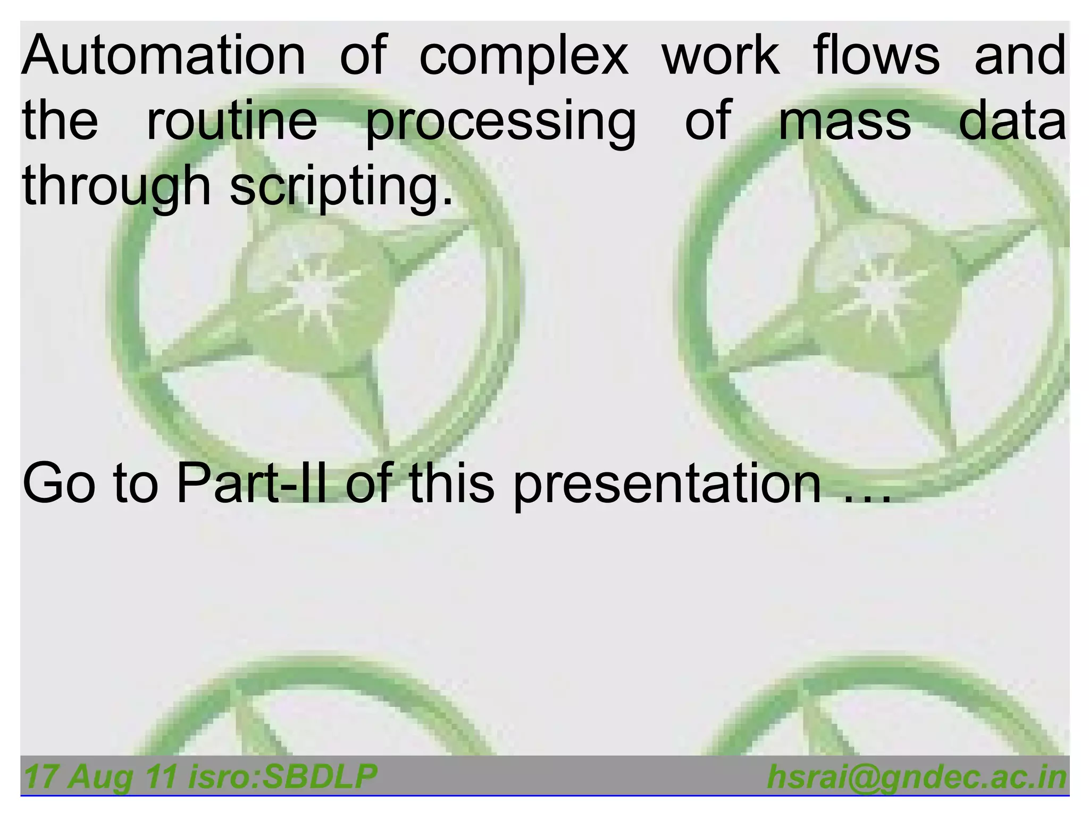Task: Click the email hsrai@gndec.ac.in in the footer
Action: (917, 777)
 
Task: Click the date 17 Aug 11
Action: (100, 777)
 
